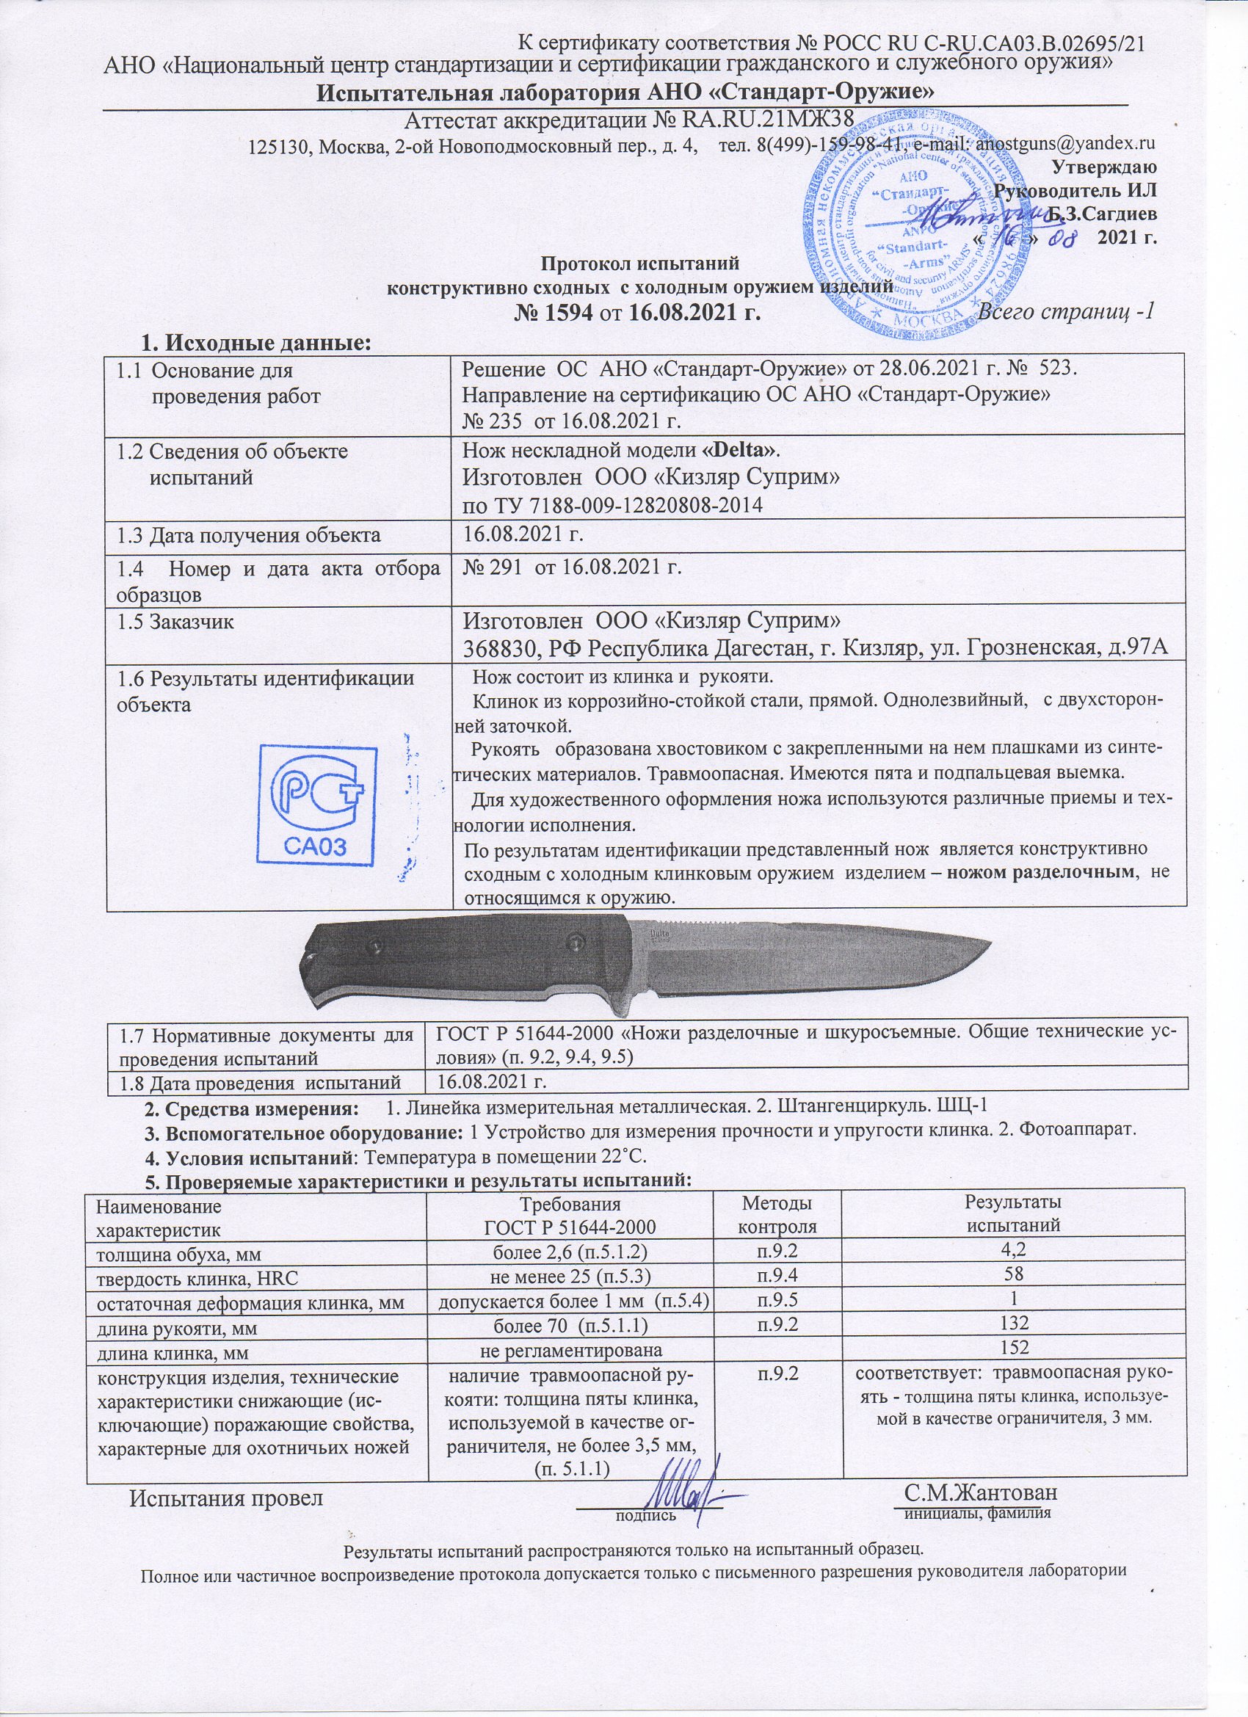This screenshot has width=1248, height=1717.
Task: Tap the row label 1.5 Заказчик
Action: tap(175, 623)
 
